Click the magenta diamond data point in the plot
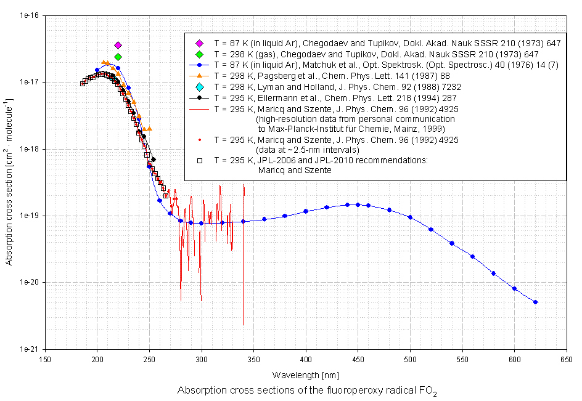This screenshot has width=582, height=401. tap(118, 45)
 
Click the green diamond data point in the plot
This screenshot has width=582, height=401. tap(118, 57)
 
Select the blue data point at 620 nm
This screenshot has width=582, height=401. tap(535, 302)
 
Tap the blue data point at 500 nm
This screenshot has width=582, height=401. tap(410, 217)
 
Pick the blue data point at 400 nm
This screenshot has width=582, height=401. tap(306, 211)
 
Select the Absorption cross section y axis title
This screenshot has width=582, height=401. tap(9, 182)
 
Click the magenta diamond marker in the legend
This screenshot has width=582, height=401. tap(200, 43)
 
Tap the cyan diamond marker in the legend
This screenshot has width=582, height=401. tap(200, 87)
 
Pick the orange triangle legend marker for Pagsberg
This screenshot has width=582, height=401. tap(200, 76)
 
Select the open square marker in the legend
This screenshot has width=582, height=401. tap(200, 161)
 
